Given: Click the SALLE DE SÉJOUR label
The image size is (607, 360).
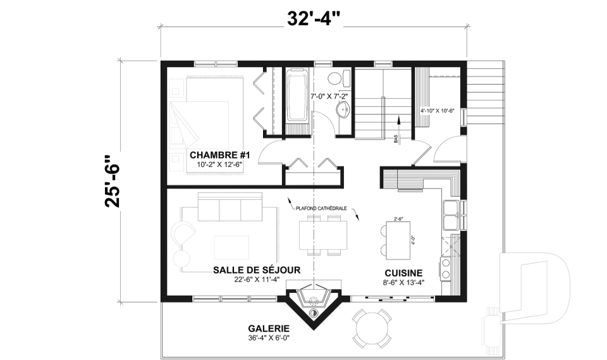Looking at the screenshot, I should coord(257,270).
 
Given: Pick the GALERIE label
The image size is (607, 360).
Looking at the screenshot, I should coord(269,328).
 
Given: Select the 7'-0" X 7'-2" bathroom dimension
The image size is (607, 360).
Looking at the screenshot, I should coord(329,96).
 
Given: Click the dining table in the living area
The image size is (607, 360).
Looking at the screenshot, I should coord(323,234).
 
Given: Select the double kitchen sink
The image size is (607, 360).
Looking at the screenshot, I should coord(451,214).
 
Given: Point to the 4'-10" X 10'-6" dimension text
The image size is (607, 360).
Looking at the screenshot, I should coord(438,110).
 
